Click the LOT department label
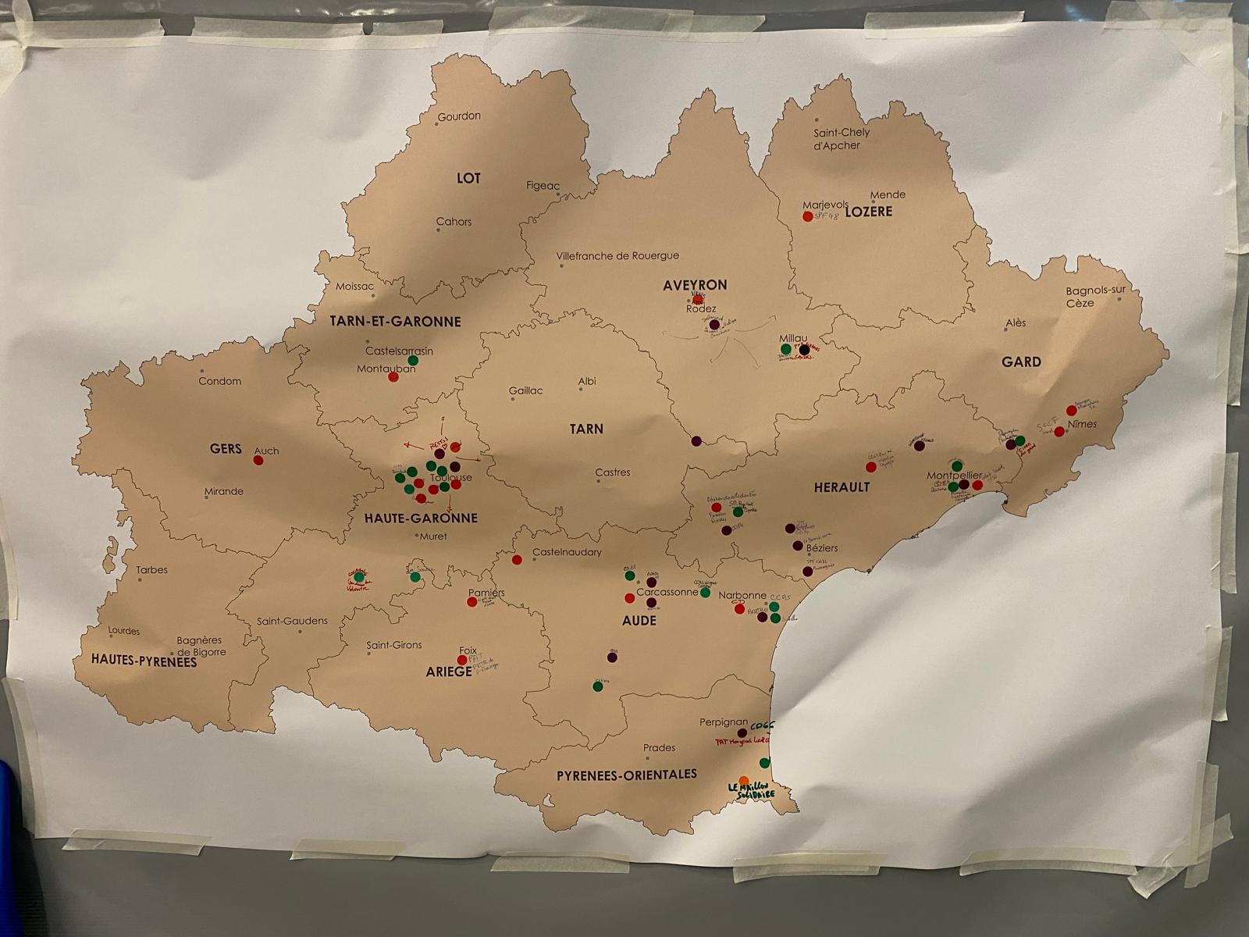tap(468, 179)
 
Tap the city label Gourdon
tap(459, 116)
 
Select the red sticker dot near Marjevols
tap(808, 216)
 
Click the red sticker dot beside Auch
tap(258, 461)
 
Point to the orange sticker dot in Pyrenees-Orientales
tap(744, 781)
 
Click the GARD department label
tap(1021, 362)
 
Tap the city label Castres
tap(613, 472)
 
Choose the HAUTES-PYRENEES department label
tap(144, 661)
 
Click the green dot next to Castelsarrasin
tap(413, 361)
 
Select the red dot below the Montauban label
tap(393, 377)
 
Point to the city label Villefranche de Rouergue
tap(617, 256)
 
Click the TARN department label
tap(586, 429)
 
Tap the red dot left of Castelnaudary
tap(517, 560)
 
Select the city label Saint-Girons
tap(394, 645)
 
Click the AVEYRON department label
tap(695, 286)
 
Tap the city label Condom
tap(220, 381)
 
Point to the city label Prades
tap(659, 748)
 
